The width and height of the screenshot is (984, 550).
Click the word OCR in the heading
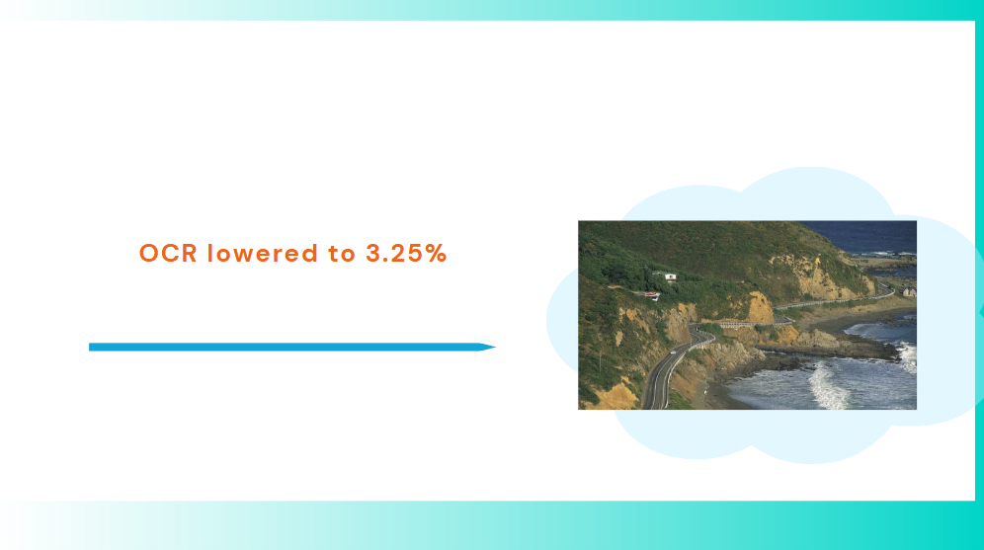168,254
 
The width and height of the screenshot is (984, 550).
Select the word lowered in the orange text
263,253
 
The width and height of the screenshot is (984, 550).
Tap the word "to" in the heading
342,254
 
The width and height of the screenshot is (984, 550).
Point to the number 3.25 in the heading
394,254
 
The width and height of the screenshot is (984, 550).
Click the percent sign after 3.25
436,254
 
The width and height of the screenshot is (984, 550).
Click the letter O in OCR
150,254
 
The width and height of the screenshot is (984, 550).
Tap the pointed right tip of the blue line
495,347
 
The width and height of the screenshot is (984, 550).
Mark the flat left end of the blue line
90,347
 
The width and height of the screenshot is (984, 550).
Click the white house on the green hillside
670,276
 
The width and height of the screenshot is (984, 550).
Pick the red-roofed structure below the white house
651,294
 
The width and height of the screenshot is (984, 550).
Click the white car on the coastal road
673,353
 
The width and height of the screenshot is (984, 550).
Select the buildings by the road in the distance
909,291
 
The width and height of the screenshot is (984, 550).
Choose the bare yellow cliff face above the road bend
761,307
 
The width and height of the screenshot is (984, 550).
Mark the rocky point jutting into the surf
828,347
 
